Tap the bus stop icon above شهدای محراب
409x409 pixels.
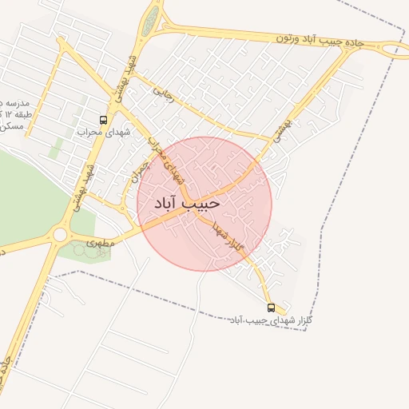(103, 120)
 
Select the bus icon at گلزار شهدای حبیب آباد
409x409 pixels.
(271, 308)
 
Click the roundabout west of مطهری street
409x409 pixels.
(59, 235)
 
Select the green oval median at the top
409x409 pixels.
(149, 22)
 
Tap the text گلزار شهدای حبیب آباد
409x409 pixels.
(259, 320)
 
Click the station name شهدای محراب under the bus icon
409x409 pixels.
(101, 132)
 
